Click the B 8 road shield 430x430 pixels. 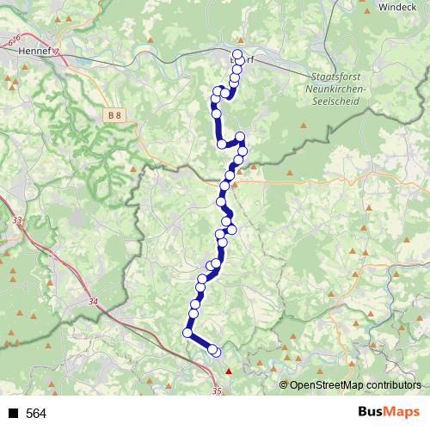point(116,114)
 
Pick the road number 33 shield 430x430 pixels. point(18,221)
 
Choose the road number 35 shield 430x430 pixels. point(215,391)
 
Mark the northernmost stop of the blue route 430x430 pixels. point(237,54)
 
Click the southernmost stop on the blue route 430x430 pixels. point(215,351)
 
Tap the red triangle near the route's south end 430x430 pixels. point(229,372)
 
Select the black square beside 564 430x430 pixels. point(13,414)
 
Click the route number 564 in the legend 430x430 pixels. point(36,414)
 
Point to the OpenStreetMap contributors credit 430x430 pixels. point(355,384)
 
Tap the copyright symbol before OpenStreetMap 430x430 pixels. point(285,384)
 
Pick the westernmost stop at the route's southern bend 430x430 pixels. point(187,333)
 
